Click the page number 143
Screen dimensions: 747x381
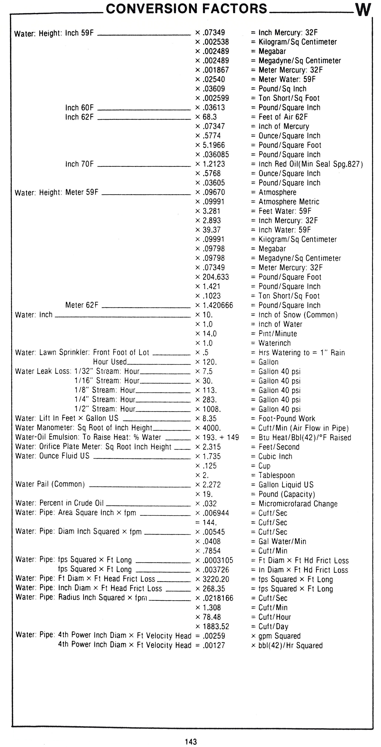[x=191, y=742]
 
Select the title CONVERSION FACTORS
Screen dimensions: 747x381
[x=186, y=9]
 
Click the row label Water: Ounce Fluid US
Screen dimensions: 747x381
[x=52, y=456]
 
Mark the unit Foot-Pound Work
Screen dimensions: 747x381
[x=287, y=418]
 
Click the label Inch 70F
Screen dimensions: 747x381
[x=79, y=164]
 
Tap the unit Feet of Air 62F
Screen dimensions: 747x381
[x=283, y=117]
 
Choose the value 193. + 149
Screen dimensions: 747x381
[x=220, y=437]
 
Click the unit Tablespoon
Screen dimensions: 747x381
[x=276, y=475]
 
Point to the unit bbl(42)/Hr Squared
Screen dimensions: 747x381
[x=290, y=646]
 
